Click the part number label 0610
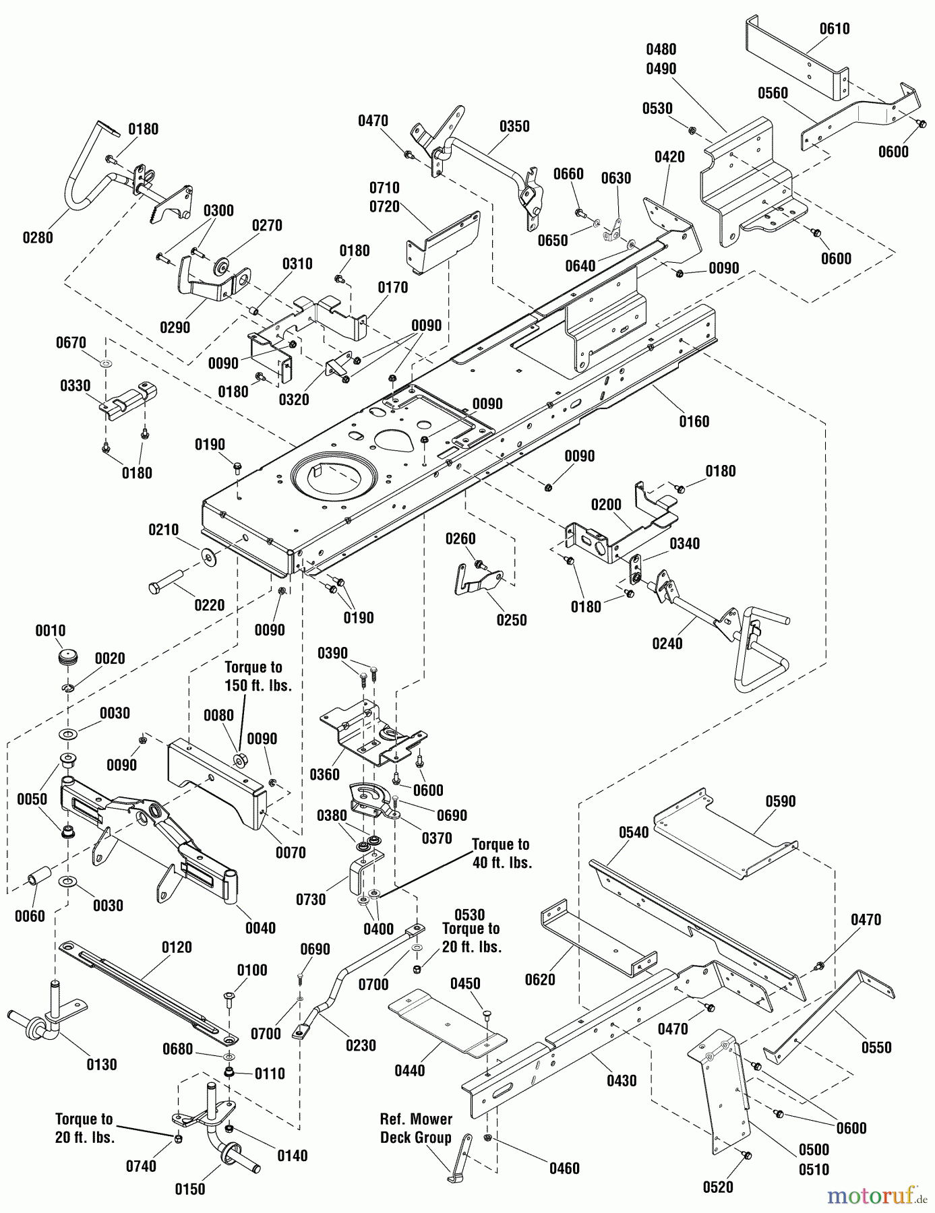(x=835, y=28)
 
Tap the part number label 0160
(x=694, y=421)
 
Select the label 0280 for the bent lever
(x=38, y=237)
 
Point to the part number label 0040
(x=260, y=928)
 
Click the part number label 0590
(x=781, y=801)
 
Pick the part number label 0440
(x=410, y=1070)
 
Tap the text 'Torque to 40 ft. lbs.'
(x=502, y=853)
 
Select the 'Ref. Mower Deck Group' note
(x=415, y=1128)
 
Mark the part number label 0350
(x=514, y=126)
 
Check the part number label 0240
(x=667, y=644)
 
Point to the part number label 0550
(x=876, y=1047)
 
